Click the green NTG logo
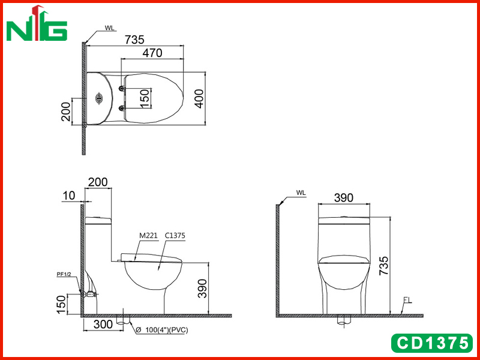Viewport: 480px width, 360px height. click(x=37, y=23)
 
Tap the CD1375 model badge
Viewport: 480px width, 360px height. click(x=432, y=343)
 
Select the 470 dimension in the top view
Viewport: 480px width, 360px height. click(x=152, y=53)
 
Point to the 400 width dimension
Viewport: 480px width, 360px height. click(x=199, y=98)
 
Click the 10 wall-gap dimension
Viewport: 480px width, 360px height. click(x=69, y=196)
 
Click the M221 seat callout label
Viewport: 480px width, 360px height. click(x=148, y=235)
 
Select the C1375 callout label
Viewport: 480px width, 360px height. click(x=175, y=235)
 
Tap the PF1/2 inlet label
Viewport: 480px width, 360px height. click(x=64, y=274)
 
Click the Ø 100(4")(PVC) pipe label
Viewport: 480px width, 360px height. click(x=161, y=330)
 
